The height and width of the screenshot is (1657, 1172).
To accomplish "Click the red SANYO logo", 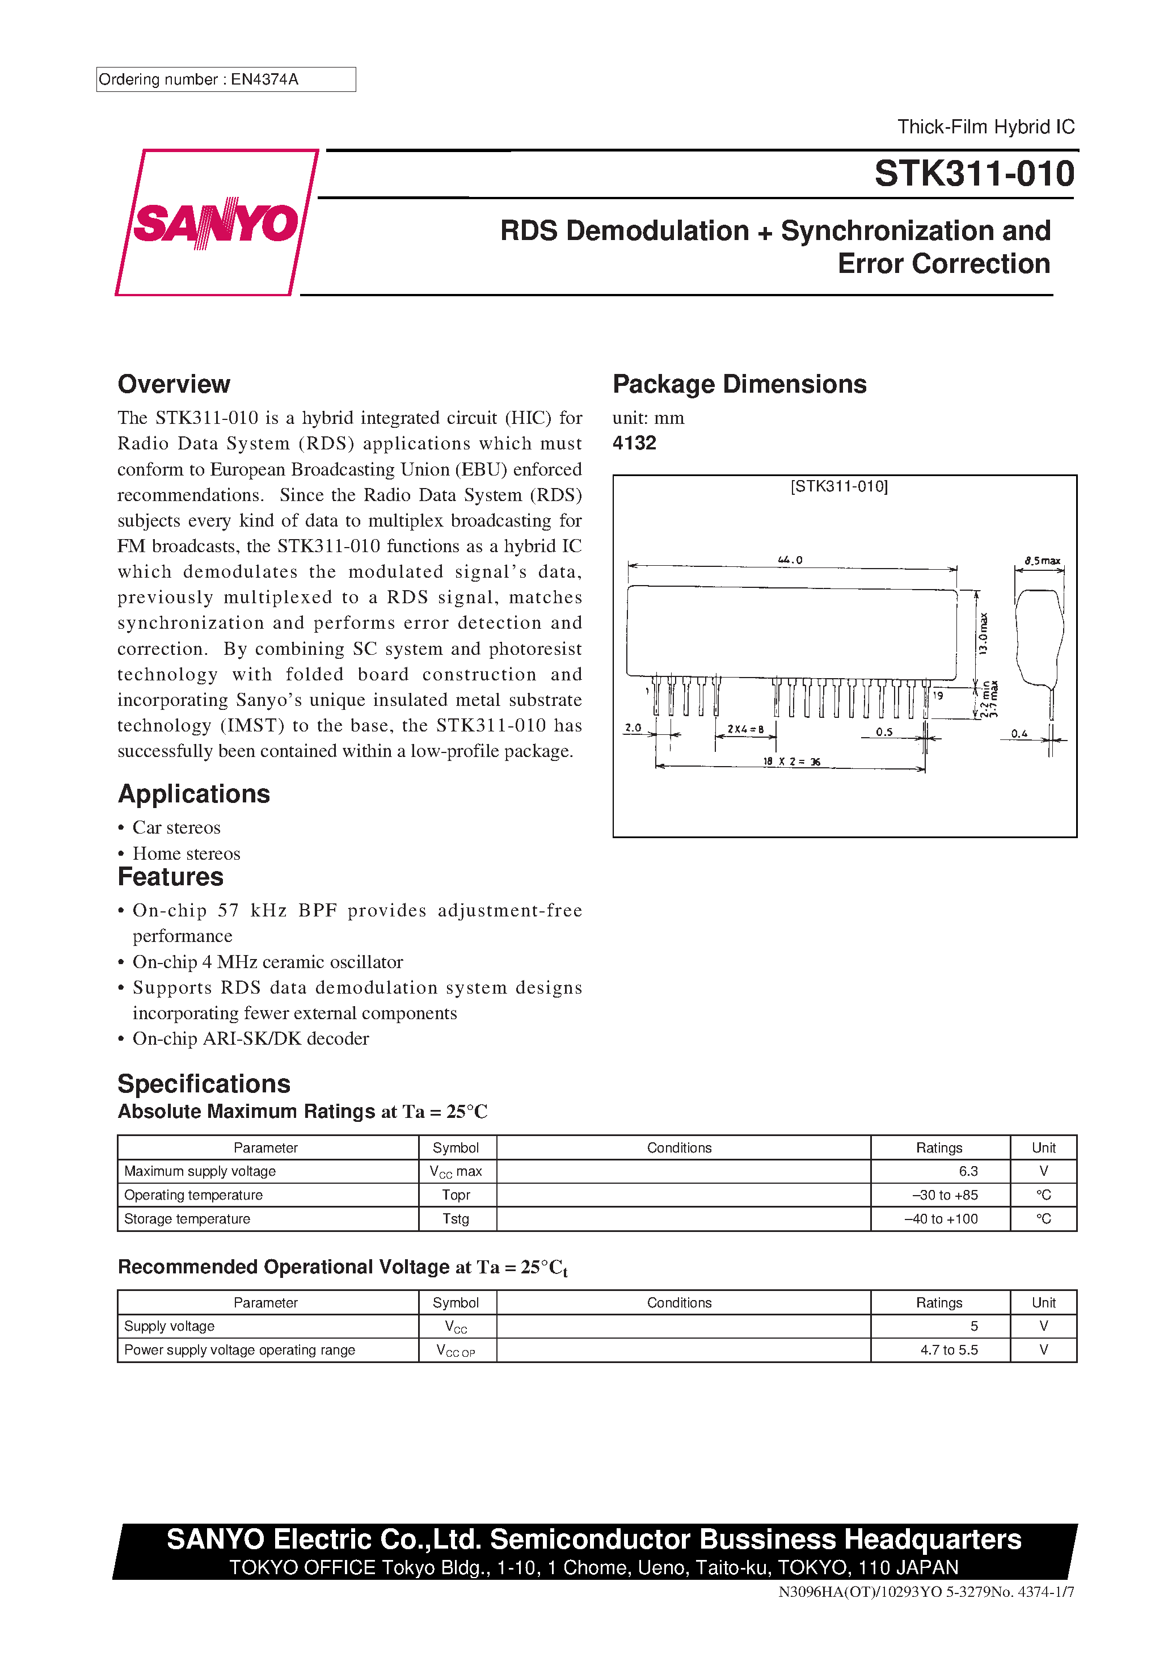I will click(x=216, y=223).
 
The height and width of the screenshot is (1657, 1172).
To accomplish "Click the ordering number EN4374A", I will click(x=264, y=79).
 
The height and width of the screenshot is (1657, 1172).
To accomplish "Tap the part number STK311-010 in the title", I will click(x=973, y=174).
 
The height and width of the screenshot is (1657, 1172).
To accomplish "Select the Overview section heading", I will click(x=174, y=384).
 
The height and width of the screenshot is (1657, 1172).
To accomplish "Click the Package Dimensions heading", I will click(x=739, y=384).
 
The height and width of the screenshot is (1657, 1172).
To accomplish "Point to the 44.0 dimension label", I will click(x=790, y=560).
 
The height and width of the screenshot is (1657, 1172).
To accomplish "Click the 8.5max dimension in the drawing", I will click(x=1042, y=561).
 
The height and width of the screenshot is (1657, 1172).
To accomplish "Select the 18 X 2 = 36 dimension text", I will click(x=792, y=762).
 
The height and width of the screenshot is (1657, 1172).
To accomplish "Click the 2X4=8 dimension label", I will click(x=745, y=730).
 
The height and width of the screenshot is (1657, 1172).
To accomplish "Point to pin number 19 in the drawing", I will click(x=938, y=696).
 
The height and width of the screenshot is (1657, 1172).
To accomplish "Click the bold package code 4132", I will click(x=634, y=443).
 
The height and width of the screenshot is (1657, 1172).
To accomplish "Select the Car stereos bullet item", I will click(x=176, y=828).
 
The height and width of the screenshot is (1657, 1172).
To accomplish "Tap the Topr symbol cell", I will click(x=456, y=1195).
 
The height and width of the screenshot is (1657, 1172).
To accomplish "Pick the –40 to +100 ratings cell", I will click(x=941, y=1219).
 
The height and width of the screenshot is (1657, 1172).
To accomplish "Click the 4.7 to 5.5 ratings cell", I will click(x=948, y=1350).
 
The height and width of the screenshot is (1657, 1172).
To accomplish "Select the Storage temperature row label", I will click(x=187, y=1219).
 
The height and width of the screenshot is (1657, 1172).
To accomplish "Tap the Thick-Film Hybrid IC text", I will click(x=985, y=127).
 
